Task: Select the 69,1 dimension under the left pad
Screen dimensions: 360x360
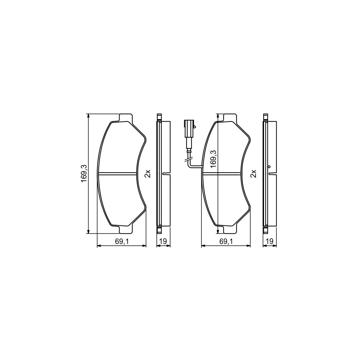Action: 121,241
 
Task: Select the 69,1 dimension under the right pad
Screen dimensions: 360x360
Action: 225,241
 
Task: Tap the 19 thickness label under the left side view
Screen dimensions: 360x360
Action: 163,241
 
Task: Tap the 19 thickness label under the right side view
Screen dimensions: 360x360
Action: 270,241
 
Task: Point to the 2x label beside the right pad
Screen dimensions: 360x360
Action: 253,173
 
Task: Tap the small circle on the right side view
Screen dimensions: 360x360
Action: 269,167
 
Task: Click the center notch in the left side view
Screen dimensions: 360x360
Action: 164,173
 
